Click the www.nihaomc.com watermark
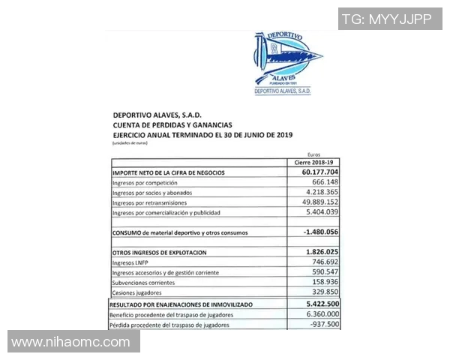tap(70, 342)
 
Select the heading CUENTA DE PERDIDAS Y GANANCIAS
tap(172, 124)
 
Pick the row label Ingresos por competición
tap(145, 183)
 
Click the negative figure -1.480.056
tap(313, 232)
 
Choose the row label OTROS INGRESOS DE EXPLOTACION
tap(159, 253)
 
